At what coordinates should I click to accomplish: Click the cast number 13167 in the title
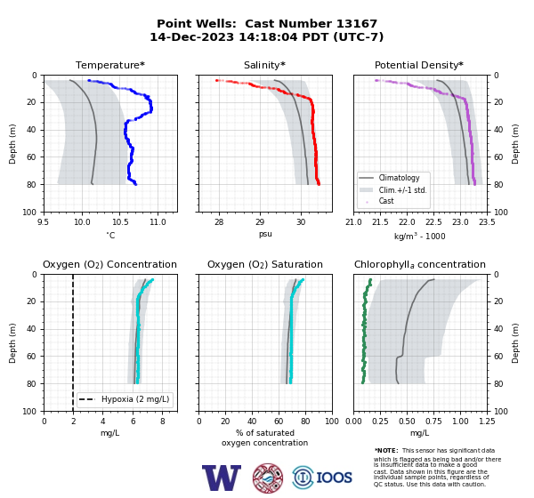[357, 24]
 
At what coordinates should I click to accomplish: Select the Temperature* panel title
[110, 65]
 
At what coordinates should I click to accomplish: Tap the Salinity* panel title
[264, 65]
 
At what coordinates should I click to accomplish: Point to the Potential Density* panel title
[419, 65]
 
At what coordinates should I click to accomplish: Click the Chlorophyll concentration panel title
[420, 264]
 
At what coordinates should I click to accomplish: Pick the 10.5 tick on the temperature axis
[120, 222]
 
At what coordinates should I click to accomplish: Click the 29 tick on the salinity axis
[260, 221]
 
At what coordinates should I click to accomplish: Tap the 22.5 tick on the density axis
[433, 222]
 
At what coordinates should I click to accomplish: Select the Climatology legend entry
[399, 178]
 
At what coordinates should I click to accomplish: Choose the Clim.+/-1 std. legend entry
[402, 190]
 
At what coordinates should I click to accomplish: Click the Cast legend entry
[386, 201]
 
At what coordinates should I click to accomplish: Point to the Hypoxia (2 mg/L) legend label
[135, 399]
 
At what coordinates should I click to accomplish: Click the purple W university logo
[222, 478]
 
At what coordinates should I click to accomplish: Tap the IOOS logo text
[334, 478]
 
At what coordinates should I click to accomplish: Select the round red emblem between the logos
[268, 478]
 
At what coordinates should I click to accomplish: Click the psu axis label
[265, 234]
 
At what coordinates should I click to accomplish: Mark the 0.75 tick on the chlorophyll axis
[433, 422]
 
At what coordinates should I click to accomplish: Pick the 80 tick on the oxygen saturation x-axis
[305, 422]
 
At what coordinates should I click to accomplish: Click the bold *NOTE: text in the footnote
[386, 450]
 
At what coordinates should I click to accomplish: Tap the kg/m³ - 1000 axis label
[419, 236]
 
